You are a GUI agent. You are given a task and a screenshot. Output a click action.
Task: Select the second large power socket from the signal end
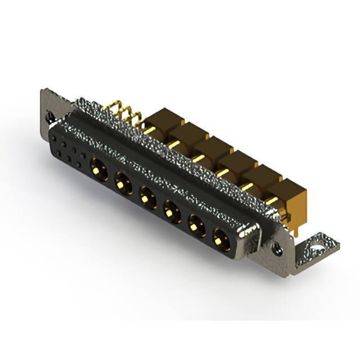[x=122, y=182]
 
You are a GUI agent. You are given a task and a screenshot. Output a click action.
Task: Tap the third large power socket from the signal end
[x=147, y=196]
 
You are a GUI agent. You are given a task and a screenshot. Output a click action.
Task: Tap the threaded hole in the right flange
[x=277, y=246]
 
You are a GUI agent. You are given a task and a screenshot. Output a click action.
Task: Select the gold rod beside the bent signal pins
[x=148, y=130]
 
